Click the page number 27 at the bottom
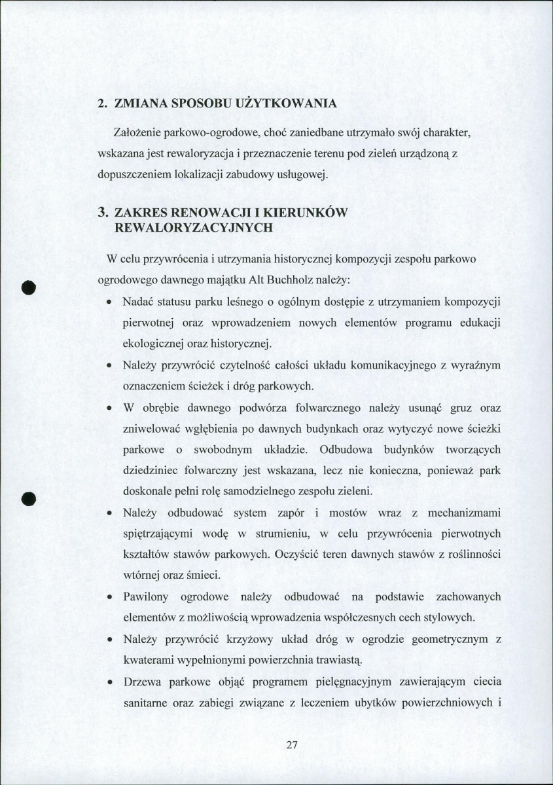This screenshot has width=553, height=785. (292, 745)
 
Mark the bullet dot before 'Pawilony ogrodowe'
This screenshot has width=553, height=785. (108, 598)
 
